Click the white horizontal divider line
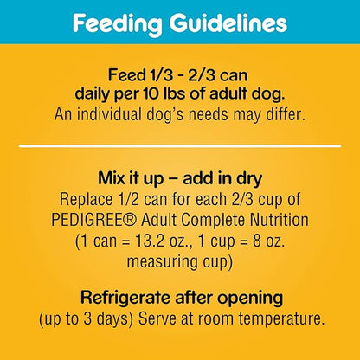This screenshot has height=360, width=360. coord(180,146)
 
